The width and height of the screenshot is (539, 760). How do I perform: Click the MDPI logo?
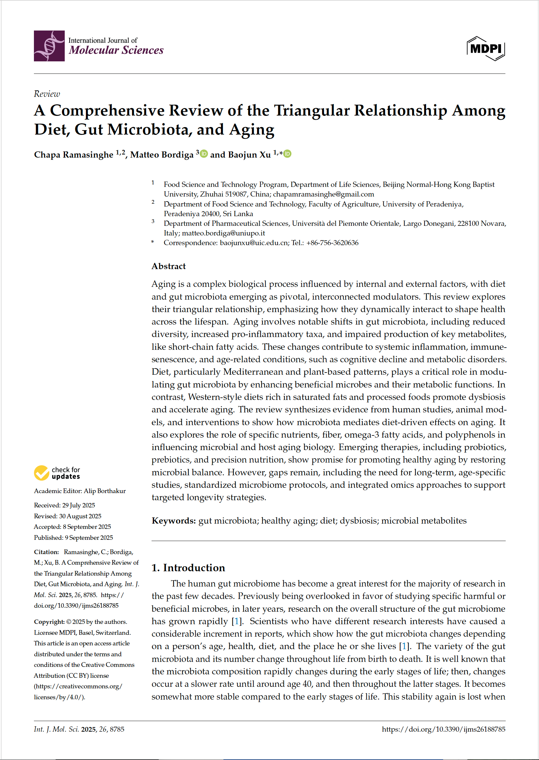click(485, 49)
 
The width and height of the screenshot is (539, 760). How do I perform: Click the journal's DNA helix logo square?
click(49, 46)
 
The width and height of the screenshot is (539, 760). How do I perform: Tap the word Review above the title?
click(47, 94)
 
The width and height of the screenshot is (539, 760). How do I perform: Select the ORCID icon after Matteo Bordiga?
click(204, 154)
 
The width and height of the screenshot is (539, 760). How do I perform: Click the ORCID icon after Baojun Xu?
click(288, 154)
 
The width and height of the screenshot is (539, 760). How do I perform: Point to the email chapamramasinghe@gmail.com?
click(323, 194)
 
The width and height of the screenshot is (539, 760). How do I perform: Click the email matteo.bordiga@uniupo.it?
click(223, 233)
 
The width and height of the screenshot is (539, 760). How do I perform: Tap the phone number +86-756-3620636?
click(332, 243)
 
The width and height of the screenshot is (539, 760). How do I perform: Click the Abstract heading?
click(169, 266)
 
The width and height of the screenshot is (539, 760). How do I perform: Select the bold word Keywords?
click(174, 520)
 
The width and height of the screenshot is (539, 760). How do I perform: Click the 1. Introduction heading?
click(188, 568)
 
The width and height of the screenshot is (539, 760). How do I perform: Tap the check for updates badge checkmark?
click(41, 473)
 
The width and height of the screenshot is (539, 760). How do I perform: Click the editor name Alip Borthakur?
click(105, 491)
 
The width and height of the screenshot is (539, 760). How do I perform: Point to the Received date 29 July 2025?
click(79, 505)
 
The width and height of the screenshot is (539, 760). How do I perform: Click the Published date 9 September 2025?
click(89, 537)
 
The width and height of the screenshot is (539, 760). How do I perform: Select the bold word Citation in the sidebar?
click(46, 552)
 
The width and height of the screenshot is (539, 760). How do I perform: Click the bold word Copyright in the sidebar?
click(49, 622)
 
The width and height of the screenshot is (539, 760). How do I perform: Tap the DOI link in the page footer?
click(443, 729)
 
